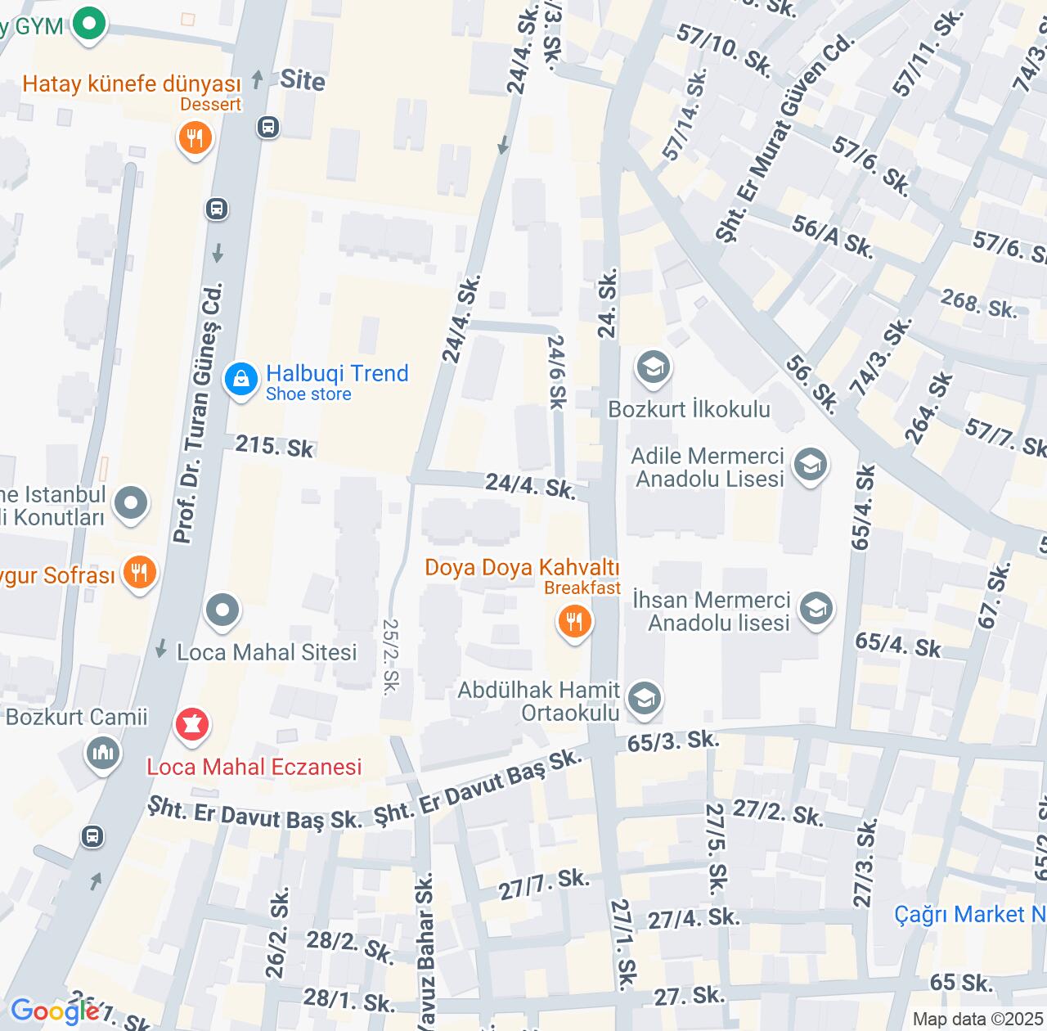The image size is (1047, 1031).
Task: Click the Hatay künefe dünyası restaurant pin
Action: [x=195, y=138]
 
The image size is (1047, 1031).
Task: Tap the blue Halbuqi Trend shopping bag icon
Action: [x=241, y=380]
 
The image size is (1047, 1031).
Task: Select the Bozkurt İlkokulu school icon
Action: [x=652, y=368]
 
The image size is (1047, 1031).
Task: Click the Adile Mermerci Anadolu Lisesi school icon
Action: [x=810, y=466]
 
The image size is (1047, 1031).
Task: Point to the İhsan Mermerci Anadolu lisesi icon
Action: [x=816, y=610]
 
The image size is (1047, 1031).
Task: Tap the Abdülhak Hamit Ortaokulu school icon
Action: [x=645, y=700]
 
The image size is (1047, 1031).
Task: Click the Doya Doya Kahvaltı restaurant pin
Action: [x=575, y=622]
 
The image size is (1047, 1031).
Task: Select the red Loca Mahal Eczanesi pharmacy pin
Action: [x=192, y=725]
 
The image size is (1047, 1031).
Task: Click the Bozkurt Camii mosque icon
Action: [x=103, y=753]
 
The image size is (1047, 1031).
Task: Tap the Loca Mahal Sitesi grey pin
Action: [x=222, y=610]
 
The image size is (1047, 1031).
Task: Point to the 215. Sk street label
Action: [x=275, y=447]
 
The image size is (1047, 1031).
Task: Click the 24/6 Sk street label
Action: [x=557, y=371]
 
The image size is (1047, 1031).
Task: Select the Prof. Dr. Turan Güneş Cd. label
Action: [x=198, y=413]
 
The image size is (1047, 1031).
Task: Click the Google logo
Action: [x=55, y=1011]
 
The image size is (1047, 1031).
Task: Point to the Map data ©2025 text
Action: [x=977, y=1020]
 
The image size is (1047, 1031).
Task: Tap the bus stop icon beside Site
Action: [x=267, y=127]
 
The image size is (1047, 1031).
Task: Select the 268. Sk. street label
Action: [x=978, y=304]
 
